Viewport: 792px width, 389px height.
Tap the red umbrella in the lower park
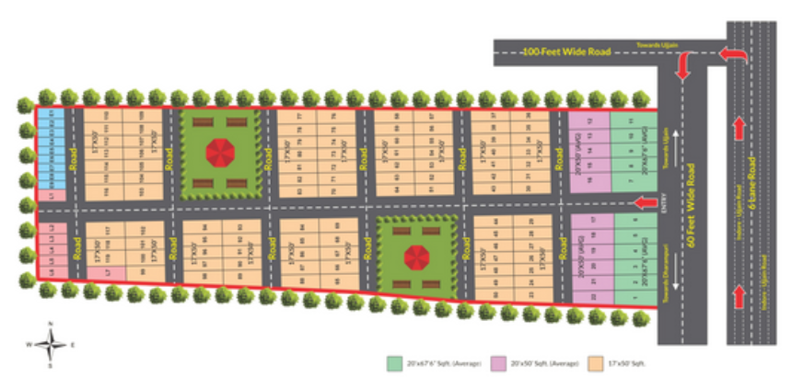click(x=417, y=256)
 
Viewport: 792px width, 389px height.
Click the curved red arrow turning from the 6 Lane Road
click(x=734, y=57)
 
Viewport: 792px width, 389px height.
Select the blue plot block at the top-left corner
click(x=52, y=152)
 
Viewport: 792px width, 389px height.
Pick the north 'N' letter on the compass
click(x=52, y=325)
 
